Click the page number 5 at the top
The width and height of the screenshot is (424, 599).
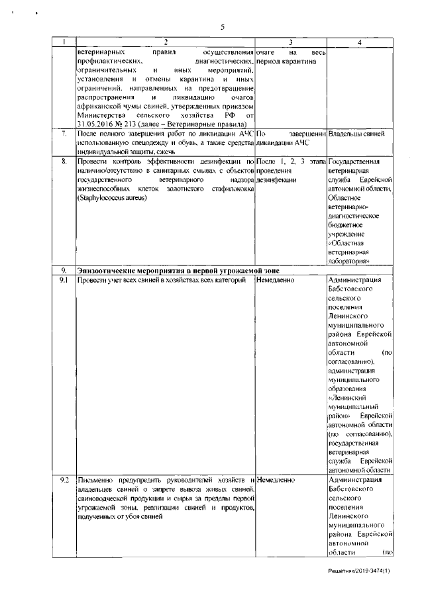click(223, 27)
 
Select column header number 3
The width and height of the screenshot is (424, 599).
click(291, 42)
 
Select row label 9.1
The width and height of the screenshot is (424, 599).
click(64, 281)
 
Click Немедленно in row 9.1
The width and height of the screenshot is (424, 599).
click(275, 281)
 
